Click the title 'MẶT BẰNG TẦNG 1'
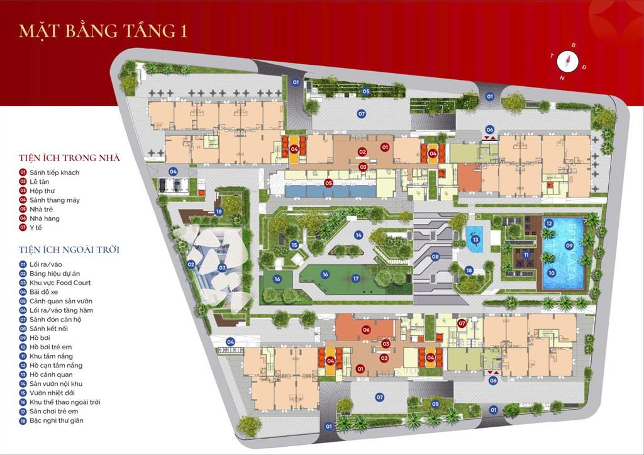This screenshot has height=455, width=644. pyautogui.click(x=103, y=31)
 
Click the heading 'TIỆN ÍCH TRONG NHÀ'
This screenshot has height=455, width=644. pyautogui.click(x=70, y=158)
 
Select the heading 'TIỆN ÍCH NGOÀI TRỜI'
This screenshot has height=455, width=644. pyautogui.click(x=69, y=250)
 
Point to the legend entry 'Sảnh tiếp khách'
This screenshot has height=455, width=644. pyautogui.click(x=54, y=172)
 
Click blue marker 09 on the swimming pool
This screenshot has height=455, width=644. pyautogui.click(x=569, y=246)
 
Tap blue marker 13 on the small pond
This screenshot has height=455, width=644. pyautogui.click(x=475, y=239)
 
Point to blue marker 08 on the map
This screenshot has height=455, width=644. pyautogui.click(x=435, y=257)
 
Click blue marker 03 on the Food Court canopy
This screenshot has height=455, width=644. pyautogui.click(x=222, y=268)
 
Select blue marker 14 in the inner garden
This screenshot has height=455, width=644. pyautogui.click(x=358, y=235)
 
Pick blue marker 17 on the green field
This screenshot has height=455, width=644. pyautogui.click(x=355, y=279)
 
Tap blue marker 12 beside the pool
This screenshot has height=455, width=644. pyautogui.click(x=549, y=223)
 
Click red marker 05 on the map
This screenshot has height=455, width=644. pyautogui.click(x=328, y=183)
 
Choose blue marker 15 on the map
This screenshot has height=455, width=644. pyautogui.click(x=294, y=245)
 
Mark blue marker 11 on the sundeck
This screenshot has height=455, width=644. pyautogui.click(x=525, y=255)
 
